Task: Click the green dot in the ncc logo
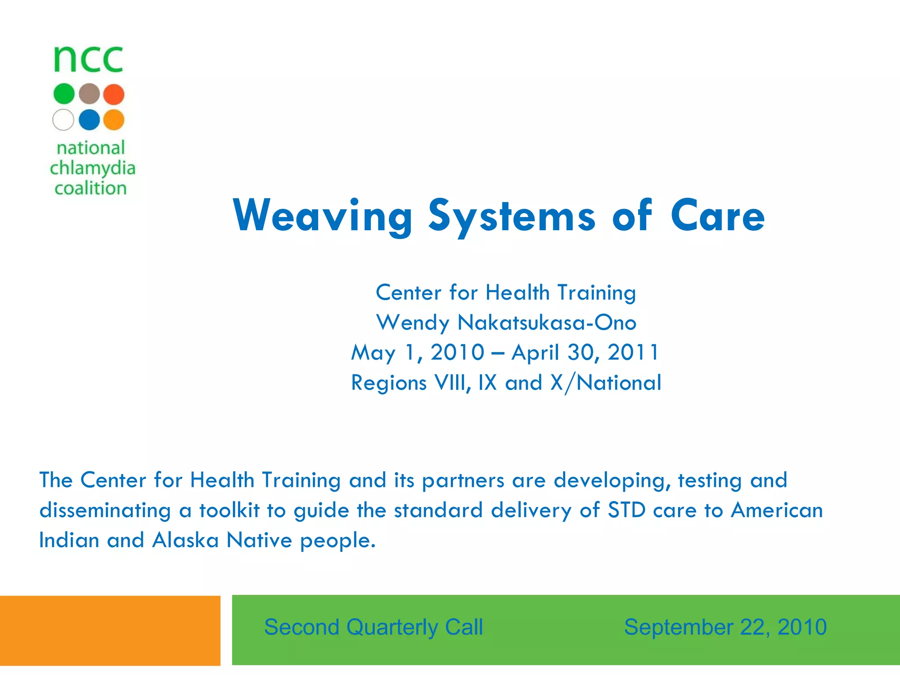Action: [64, 94]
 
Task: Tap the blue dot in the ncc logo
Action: [89, 120]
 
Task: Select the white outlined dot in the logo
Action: [63, 120]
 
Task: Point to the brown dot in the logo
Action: [89, 94]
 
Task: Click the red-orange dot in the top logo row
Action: [114, 94]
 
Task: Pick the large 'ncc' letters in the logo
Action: [88, 59]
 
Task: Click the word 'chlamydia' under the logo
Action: [92, 168]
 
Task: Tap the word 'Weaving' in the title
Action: [323, 216]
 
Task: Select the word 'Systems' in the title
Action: [512, 216]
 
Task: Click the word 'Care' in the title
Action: [717, 216]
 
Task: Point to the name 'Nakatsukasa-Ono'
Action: [547, 323]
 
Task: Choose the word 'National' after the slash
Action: [619, 382]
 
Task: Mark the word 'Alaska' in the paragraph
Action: [185, 540]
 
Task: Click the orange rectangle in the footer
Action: [110, 630]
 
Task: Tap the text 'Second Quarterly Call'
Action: [374, 627]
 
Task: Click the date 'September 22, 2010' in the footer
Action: [725, 627]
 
